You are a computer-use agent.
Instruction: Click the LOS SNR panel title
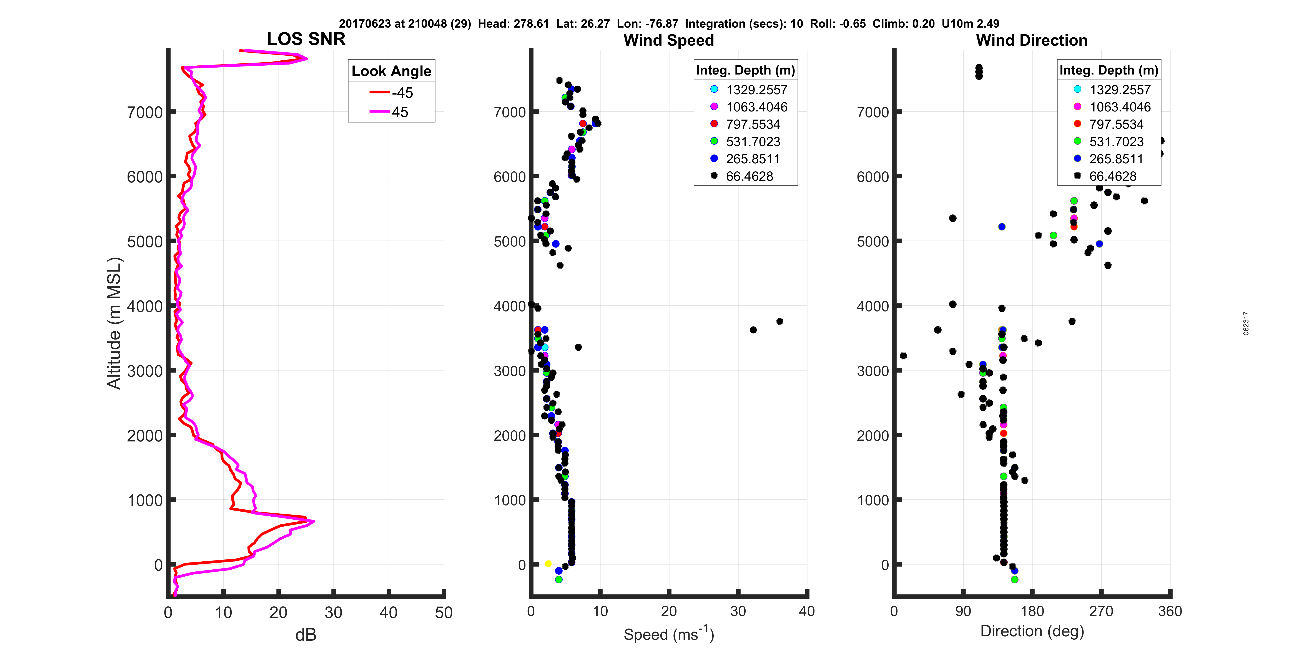[306, 39]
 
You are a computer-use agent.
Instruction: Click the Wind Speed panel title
[669, 40]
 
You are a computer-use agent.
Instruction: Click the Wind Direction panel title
[1032, 40]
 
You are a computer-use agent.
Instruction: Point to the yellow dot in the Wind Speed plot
[548, 564]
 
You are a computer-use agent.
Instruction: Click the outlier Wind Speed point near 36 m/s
[779, 321]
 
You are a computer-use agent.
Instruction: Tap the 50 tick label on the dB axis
[444, 613]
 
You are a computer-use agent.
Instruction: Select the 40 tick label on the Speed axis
[807, 611]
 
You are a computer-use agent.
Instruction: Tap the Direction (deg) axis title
[1032, 631]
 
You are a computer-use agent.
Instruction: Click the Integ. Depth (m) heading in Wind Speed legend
[745, 70]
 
